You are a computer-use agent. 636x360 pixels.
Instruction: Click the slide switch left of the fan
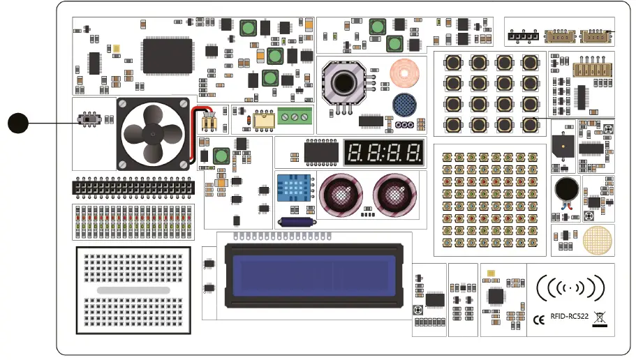click(89, 121)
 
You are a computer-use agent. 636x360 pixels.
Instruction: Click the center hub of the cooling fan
click(152, 133)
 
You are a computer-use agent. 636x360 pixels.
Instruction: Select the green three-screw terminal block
click(294, 117)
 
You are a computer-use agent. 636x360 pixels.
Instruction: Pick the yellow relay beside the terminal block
click(264, 119)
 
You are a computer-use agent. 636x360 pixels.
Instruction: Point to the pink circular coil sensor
click(404, 72)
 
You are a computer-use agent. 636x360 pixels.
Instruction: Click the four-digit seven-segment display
click(384, 152)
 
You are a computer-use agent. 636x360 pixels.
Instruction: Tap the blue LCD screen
click(313, 273)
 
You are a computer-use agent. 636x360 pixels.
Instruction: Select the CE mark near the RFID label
click(539, 320)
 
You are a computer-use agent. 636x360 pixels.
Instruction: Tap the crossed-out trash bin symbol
click(599, 318)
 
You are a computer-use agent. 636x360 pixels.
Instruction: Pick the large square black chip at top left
click(168, 55)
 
